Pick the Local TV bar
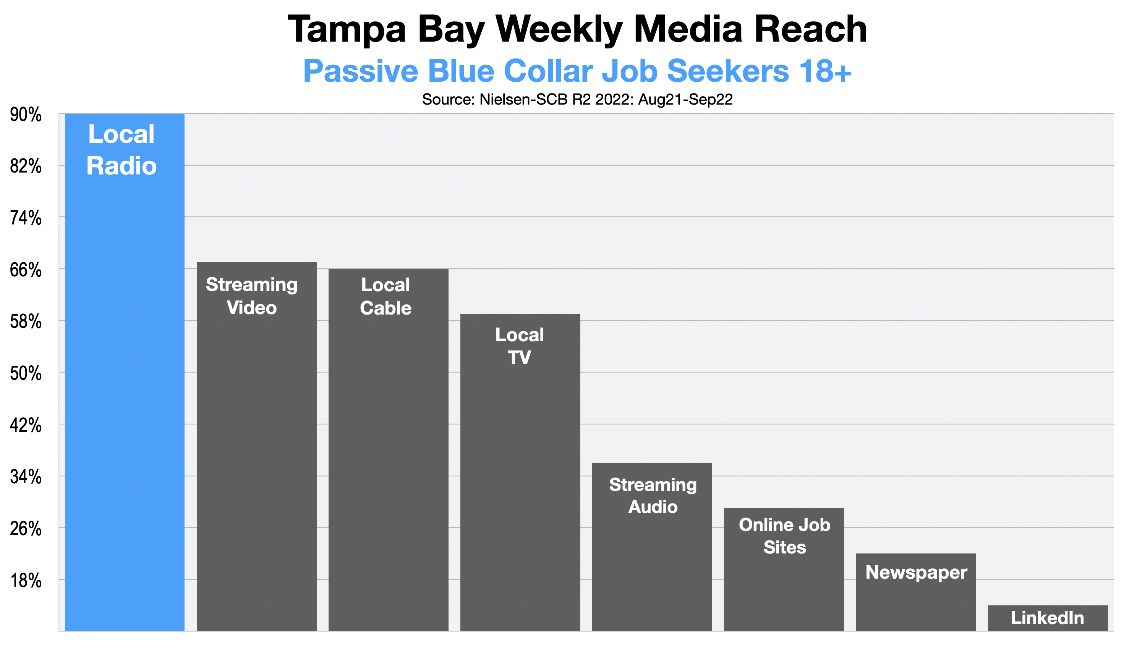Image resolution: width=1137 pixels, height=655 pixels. click(520, 473)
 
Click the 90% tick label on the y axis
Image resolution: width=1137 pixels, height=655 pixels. click(26, 115)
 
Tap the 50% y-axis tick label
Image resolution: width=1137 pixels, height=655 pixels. click(26, 374)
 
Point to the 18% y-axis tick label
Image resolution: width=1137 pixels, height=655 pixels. click(26, 581)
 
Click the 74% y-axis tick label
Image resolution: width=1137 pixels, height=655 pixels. click(26, 219)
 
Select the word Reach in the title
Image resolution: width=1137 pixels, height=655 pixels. click(812, 30)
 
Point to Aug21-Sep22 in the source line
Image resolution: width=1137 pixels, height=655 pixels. click(685, 99)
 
